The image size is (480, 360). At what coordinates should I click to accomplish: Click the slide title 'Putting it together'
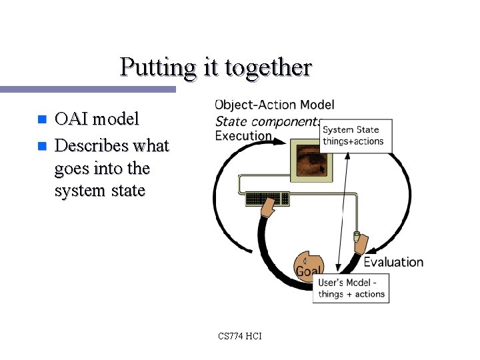(215, 67)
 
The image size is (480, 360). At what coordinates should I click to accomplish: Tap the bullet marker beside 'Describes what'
(41, 145)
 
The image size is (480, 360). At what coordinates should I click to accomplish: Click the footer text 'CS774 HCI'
(239, 336)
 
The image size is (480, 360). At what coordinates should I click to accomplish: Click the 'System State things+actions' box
(355, 135)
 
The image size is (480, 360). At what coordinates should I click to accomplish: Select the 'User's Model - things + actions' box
(351, 288)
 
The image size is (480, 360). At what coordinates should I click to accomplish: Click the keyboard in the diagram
(267, 198)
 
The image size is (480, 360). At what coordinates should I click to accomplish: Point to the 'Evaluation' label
(393, 262)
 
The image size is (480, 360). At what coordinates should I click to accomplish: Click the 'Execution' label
(243, 135)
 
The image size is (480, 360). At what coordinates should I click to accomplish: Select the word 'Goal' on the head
(308, 271)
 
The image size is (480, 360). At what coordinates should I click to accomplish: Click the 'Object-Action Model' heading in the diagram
(275, 105)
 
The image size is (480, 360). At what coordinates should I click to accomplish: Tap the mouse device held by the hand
(357, 237)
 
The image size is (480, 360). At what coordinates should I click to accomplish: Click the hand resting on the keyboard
(268, 209)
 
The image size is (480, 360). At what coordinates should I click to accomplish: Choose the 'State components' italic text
(267, 121)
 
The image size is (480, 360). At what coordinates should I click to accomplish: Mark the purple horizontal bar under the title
(87, 89)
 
